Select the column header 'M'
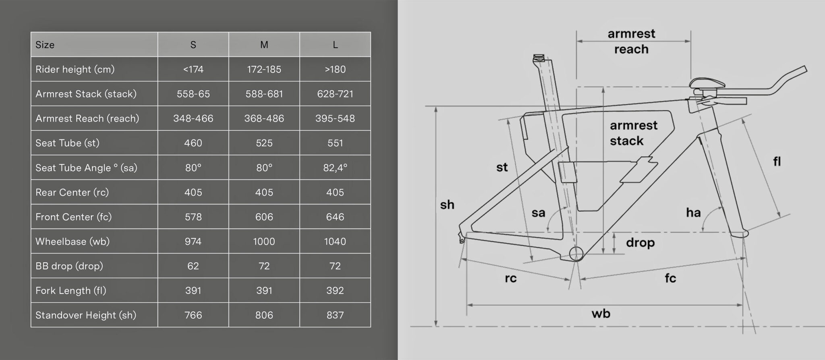[264, 45]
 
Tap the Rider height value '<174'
[193, 69]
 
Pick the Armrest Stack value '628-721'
[335, 94]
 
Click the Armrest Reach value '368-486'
[264, 118]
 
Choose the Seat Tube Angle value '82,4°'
[335, 168]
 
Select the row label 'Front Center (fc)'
[73, 217]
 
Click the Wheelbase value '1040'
[335, 242]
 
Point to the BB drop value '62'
[193, 266]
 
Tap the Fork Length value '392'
[335, 291]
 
